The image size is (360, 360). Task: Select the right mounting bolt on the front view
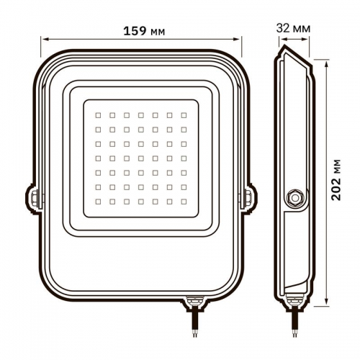tap(249, 196)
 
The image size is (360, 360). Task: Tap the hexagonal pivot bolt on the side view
tap(294, 196)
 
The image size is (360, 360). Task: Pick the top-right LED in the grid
tap(182, 114)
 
